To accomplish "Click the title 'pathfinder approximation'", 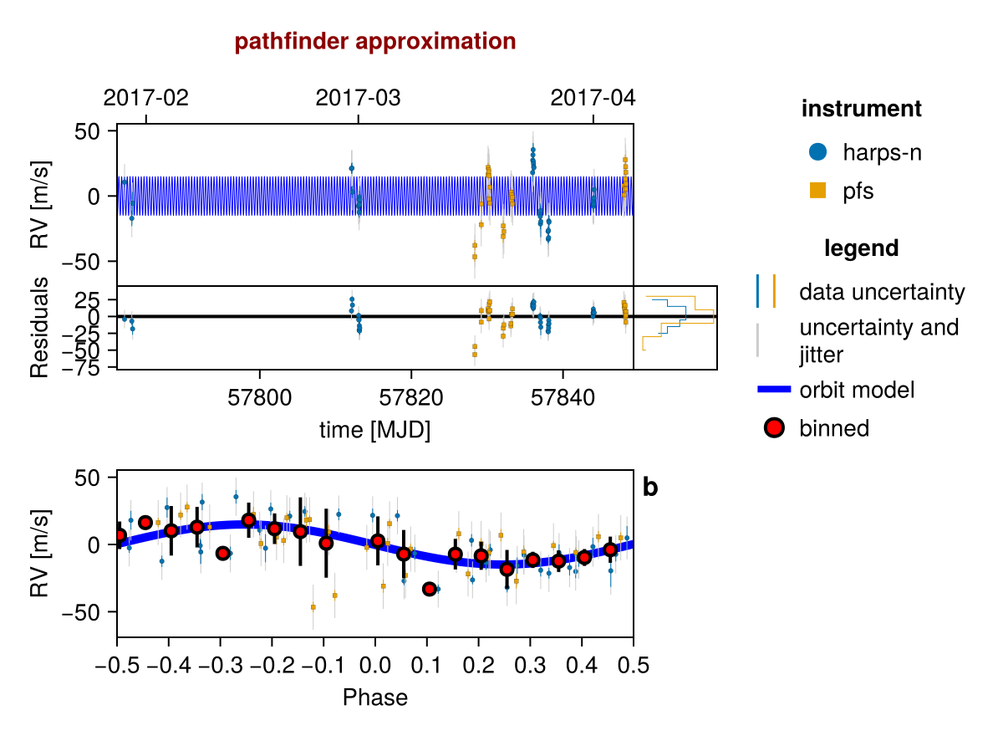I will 375,41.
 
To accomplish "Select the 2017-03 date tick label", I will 359,98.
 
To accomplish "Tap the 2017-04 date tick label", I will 593,98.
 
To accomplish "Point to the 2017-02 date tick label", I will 146,98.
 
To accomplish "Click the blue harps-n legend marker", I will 818,152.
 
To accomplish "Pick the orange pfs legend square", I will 818,191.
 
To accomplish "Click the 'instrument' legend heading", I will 861,109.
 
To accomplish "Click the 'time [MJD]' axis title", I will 374,430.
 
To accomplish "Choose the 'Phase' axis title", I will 375,697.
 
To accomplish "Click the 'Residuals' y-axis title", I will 40,328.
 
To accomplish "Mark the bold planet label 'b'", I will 650,488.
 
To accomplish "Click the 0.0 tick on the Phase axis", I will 374,666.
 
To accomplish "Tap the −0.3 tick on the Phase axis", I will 220,666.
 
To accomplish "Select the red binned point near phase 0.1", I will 430,589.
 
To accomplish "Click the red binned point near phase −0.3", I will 222,553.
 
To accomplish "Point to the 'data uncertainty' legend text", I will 882,293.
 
